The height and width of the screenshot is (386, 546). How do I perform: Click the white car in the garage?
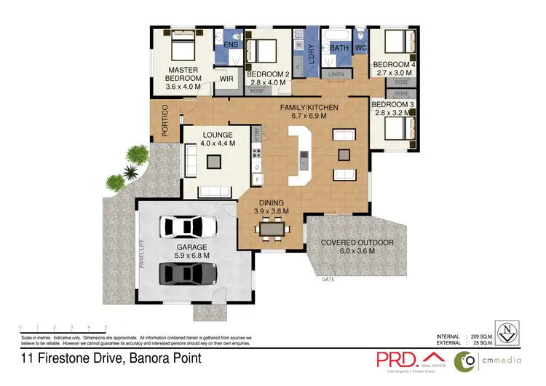click(x=190, y=227)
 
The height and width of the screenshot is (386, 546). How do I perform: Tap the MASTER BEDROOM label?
click(x=183, y=74)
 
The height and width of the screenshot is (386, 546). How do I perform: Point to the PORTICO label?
click(x=165, y=120)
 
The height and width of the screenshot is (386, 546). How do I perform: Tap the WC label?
click(x=360, y=48)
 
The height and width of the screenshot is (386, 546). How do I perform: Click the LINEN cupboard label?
click(x=336, y=74)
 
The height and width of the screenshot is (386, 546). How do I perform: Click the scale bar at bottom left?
click(x=63, y=328)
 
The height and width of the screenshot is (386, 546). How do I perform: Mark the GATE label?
click(x=330, y=279)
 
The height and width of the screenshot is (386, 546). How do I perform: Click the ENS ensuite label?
click(x=231, y=45)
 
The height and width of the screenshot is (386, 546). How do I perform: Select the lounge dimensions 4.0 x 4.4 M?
click(x=218, y=144)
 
